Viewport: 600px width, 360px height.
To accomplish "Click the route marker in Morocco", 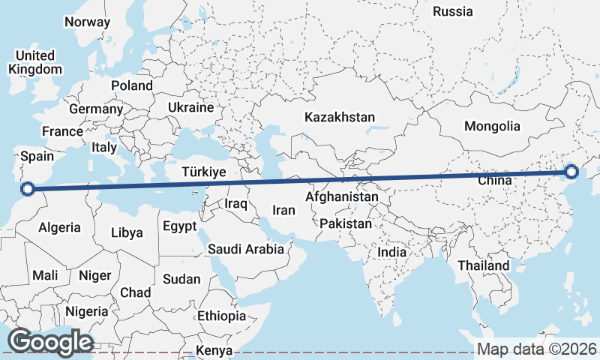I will click(x=28, y=189).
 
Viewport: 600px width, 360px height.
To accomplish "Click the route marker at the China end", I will click(x=571, y=172).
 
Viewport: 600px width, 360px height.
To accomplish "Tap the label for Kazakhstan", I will click(x=339, y=118).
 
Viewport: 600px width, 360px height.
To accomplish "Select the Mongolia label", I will click(x=491, y=126).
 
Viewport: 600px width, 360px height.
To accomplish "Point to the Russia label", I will click(x=453, y=11).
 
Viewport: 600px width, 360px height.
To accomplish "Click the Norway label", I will click(x=87, y=22).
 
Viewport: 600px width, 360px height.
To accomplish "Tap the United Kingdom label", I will click(x=34, y=62).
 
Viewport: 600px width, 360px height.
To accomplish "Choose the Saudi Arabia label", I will click(x=246, y=249).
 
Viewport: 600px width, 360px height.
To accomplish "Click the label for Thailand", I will click(x=484, y=265).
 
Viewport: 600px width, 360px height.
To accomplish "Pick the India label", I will click(x=391, y=253).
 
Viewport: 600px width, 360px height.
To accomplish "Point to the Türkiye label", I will click(x=204, y=172).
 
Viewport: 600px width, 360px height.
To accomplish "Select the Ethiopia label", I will click(x=221, y=316).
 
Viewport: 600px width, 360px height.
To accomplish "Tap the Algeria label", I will click(x=59, y=227).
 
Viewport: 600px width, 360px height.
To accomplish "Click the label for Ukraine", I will click(x=190, y=108).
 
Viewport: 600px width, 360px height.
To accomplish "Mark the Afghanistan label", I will click(x=342, y=196).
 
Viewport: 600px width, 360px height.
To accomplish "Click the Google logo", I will click(x=50, y=342).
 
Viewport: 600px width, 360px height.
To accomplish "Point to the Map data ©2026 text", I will click(x=536, y=349).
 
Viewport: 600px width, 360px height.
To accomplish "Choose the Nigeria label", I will click(x=87, y=311).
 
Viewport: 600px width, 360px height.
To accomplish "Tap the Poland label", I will click(x=132, y=85).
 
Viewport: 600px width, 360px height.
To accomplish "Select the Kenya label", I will click(x=214, y=351).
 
